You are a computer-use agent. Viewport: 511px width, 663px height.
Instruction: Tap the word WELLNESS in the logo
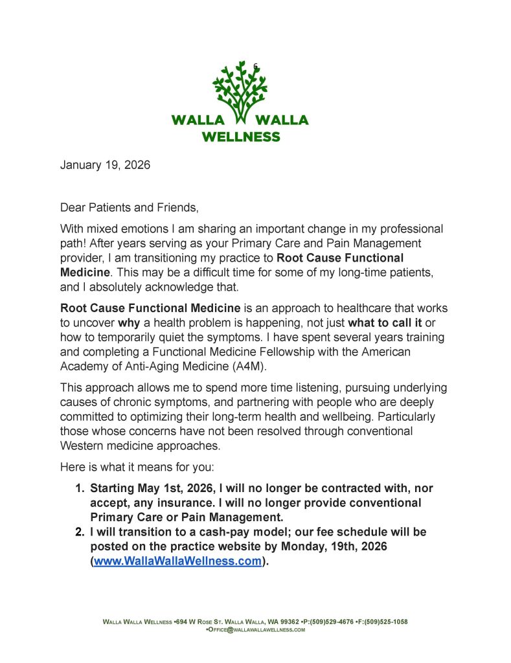coord(240,137)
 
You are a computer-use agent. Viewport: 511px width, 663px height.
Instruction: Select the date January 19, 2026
coord(105,164)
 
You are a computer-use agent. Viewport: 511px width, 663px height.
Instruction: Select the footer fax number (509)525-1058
coord(383,622)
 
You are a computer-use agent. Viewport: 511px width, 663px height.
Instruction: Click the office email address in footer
coord(256,629)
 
